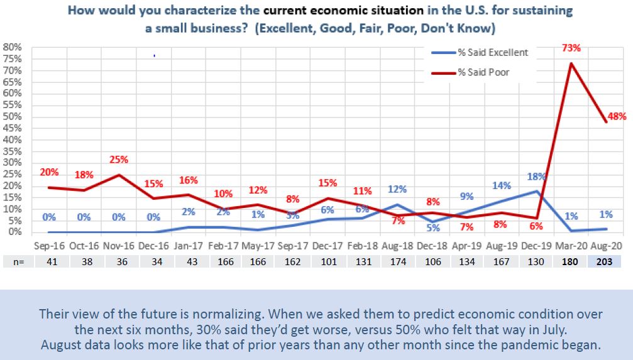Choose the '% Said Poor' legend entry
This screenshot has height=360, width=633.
483,72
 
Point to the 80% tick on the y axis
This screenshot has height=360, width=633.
13,47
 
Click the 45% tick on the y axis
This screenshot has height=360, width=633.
13,128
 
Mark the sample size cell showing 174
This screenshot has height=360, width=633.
398,260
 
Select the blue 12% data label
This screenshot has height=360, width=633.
397,189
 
